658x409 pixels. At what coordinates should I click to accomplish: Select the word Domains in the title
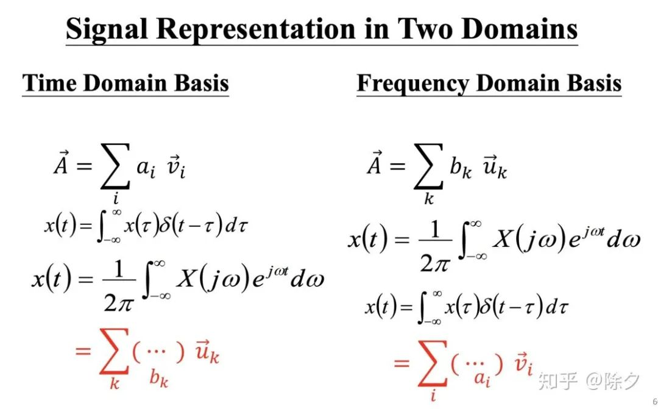click(x=526, y=29)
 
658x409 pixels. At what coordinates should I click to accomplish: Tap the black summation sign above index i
click(x=114, y=166)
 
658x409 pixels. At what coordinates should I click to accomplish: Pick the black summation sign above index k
click(x=429, y=166)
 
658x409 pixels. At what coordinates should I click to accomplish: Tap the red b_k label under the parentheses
click(x=158, y=379)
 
